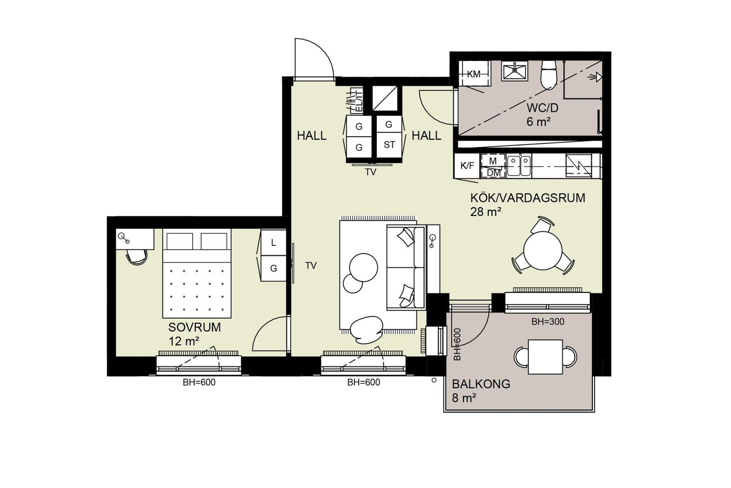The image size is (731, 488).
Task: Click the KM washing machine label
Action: [x=474, y=74]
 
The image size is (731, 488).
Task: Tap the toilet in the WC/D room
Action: [x=548, y=74]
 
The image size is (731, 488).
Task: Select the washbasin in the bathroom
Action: [x=514, y=72]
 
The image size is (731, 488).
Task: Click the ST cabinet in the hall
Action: [x=389, y=145]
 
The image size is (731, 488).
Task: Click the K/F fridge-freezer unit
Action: [x=467, y=166]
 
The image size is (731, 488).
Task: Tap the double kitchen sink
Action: [x=519, y=166]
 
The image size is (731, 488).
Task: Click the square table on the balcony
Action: [x=545, y=357]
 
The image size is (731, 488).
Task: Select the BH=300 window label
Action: [x=548, y=322]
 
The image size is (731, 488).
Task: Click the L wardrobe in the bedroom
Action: [x=273, y=243]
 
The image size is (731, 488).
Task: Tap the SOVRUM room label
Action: [x=194, y=327]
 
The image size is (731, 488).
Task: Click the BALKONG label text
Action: [x=481, y=384]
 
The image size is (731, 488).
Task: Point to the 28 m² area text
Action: [x=485, y=212]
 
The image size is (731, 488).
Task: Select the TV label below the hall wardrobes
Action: [x=370, y=172]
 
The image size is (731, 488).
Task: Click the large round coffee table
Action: [x=363, y=267]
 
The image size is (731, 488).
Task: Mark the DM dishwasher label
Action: [x=493, y=173]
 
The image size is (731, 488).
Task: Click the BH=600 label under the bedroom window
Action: [x=199, y=382]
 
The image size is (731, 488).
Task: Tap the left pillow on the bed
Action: [x=179, y=241]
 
